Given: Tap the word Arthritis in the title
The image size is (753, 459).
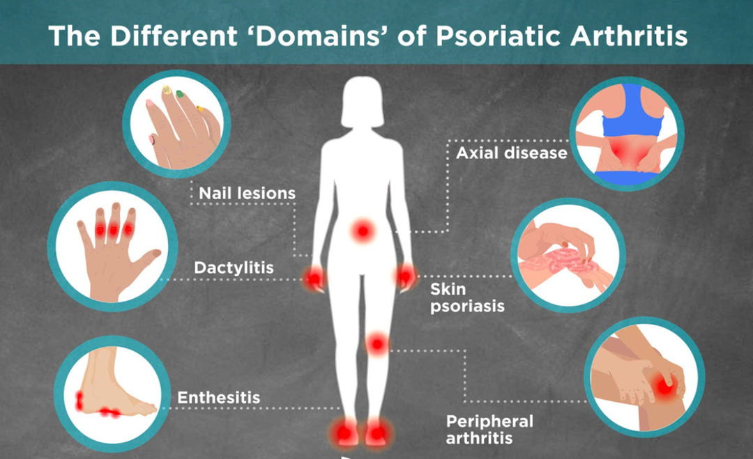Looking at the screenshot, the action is click(x=629, y=36).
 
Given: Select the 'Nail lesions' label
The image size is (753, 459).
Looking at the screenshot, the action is click(x=248, y=194).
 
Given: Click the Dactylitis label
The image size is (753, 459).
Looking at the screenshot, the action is click(x=234, y=267).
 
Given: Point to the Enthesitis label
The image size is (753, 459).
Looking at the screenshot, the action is click(x=218, y=398).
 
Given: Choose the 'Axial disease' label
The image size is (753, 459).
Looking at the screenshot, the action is click(x=512, y=153).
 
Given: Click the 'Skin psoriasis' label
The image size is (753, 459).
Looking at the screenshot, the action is click(x=467, y=298).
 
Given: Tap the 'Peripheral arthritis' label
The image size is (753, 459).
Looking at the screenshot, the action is click(x=489, y=430).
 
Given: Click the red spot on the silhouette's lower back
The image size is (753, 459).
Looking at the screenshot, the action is click(x=363, y=232).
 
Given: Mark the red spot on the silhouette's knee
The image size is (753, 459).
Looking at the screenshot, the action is click(x=377, y=344).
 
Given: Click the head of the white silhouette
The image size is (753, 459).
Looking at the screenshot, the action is click(x=363, y=102).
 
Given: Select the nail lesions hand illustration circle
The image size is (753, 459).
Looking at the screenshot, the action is click(x=176, y=124).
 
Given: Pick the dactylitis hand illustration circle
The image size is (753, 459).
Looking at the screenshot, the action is click(x=112, y=246).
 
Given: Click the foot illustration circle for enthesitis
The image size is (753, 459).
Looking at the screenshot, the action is click(x=112, y=394).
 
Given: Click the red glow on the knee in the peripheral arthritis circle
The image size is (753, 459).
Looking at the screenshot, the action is click(x=665, y=385).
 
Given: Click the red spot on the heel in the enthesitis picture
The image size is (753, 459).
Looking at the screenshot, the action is click(x=79, y=400).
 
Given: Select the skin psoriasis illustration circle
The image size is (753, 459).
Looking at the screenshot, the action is click(x=568, y=256).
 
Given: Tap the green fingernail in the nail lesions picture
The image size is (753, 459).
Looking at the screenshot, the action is click(x=180, y=94).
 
